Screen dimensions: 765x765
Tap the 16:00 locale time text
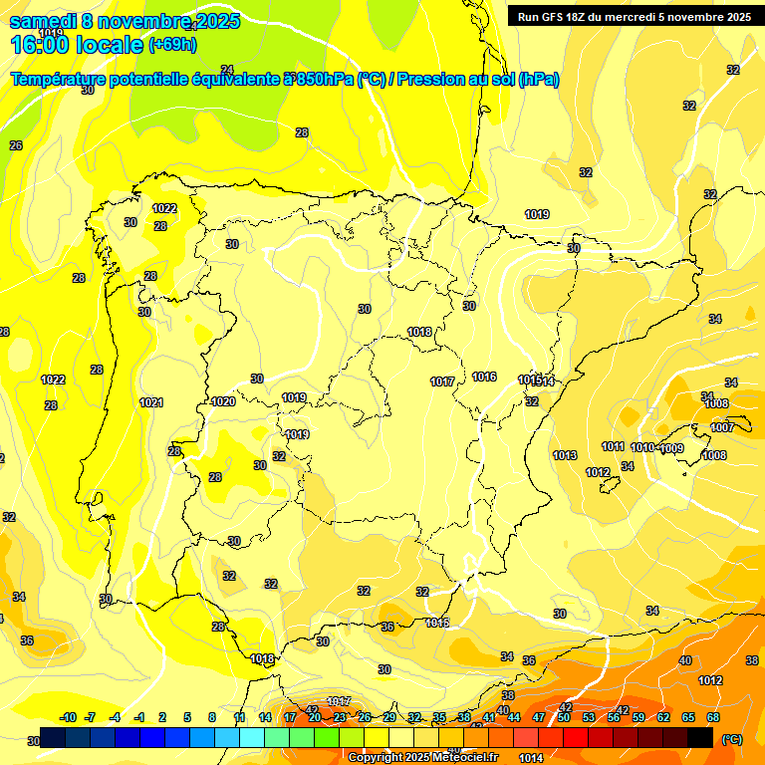(76, 45)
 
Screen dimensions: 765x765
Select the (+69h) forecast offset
(172, 45)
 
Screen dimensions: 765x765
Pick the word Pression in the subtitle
(432, 80)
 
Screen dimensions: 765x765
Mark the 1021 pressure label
(151, 402)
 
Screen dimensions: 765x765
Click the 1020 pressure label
(223, 401)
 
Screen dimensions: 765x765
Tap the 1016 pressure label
(485, 377)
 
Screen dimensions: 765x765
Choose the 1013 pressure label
(565, 455)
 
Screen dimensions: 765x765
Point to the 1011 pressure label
(614, 446)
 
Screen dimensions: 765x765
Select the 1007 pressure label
(722, 427)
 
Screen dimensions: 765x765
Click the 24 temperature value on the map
(227, 69)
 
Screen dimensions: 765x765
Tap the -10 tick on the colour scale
(69, 717)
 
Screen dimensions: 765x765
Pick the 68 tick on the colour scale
(713, 717)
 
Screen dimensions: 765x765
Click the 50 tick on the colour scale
(564, 717)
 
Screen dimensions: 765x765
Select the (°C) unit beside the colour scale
(731, 738)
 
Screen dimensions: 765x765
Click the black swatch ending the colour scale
(700, 737)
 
